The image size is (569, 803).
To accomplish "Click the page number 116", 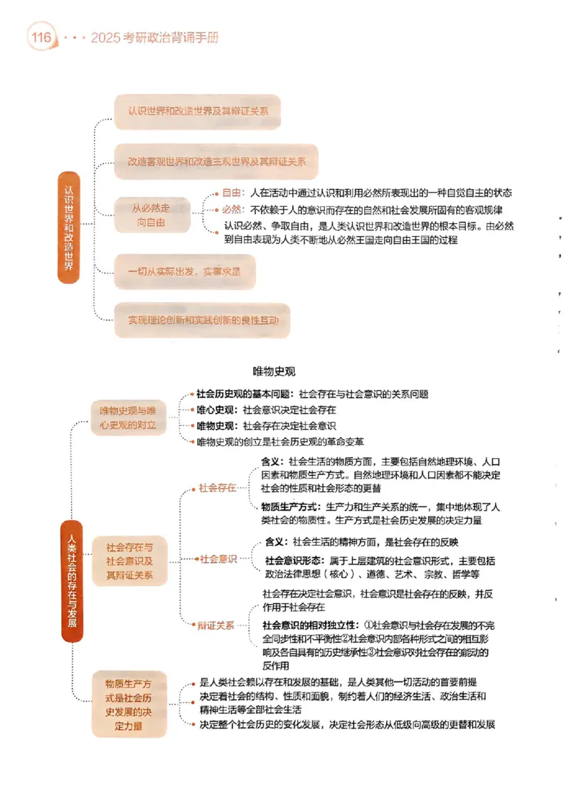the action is point(41,37).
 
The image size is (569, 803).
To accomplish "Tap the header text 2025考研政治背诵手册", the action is point(154,37).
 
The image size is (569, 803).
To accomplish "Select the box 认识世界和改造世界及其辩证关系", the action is point(197,112).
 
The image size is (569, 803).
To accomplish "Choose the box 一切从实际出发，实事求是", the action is point(184,271).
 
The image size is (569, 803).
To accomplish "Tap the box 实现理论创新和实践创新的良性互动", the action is point(202,320).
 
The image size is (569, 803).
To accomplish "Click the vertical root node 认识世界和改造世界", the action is point(68,228).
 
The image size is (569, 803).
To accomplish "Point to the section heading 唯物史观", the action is point(274,371).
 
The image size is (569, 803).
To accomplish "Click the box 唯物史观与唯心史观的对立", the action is point(128,419).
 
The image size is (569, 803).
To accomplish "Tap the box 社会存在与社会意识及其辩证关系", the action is point(129,561).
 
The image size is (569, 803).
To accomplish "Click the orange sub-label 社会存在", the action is point(218,488).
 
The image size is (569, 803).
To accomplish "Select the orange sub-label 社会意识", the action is point(218,559).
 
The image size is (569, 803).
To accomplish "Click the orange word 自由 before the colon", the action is point(232,193).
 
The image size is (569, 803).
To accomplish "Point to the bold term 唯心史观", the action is point(217,410).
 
